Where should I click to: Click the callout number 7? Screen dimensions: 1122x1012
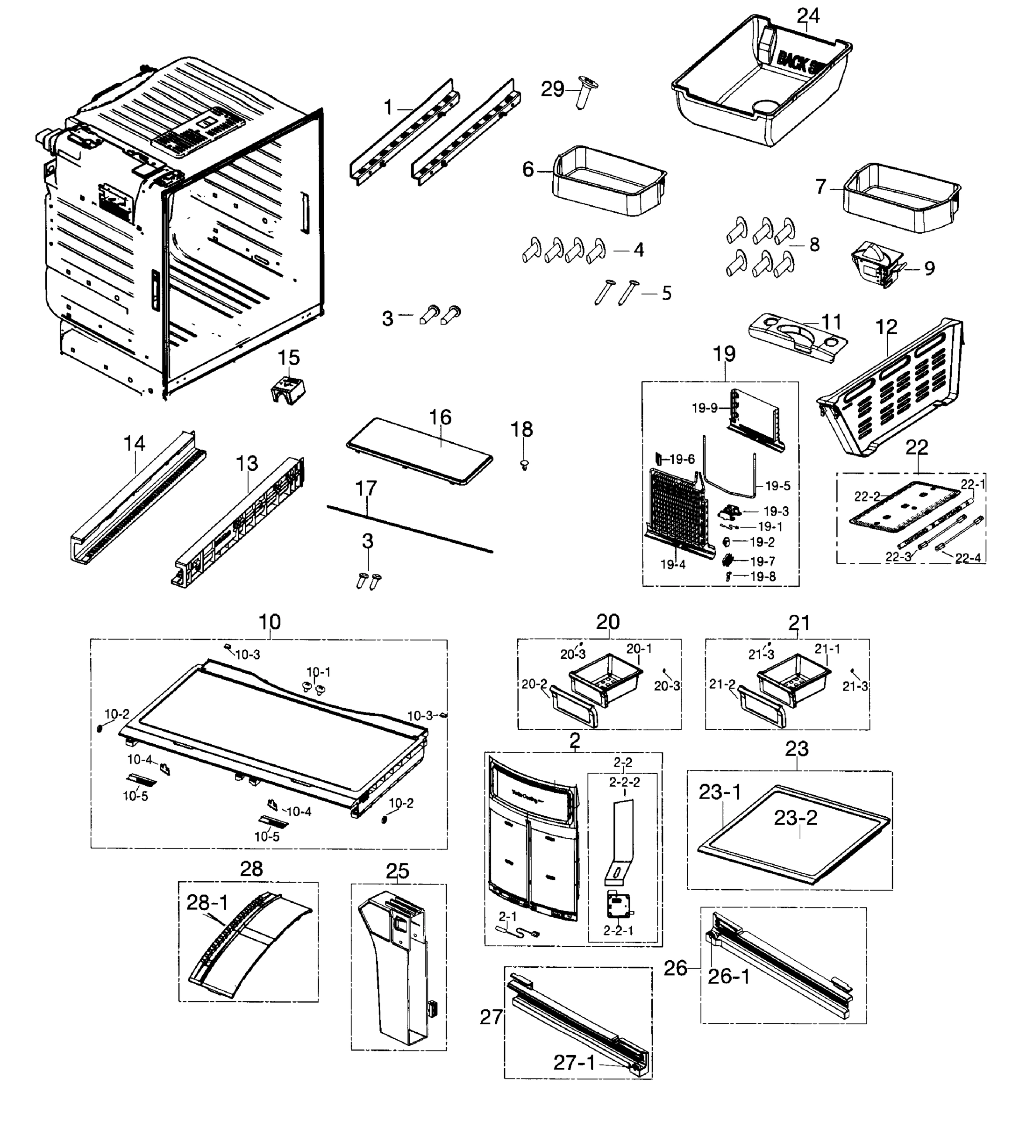(x=821, y=187)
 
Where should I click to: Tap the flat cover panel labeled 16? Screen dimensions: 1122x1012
(x=420, y=452)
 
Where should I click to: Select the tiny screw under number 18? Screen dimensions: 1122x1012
(x=523, y=465)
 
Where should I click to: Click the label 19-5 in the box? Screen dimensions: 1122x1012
(x=777, y=486)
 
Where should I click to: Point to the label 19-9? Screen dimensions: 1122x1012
(x=705, y=408)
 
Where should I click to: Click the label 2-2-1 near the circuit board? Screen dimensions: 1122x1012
(x=618, y=930)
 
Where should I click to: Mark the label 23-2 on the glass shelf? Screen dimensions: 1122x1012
(x=796, y=818)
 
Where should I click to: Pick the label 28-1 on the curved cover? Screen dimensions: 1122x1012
(x=207, y=902)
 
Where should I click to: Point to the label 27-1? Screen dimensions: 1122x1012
(x=574, y=1063)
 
